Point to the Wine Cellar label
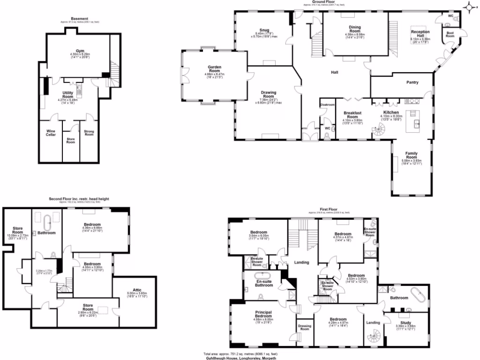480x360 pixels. [x=51, y=133]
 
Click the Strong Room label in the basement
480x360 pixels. [x=89, y=133]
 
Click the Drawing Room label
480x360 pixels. [x=269, y=94]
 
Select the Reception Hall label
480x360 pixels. [x=420, y=33]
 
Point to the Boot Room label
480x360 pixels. [x=450, y=34]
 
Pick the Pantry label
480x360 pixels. [x=412, y=82]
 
